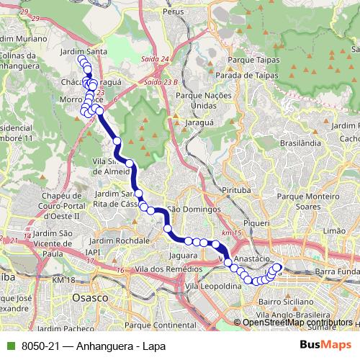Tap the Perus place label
click(x=174, y=12)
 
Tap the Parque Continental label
click(x=165, y=326)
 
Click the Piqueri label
click(x=256, y=223)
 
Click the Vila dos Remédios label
click(x=154, y=269)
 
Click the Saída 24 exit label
click(x=156, y=59)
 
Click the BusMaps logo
click(x=325, y=345)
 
